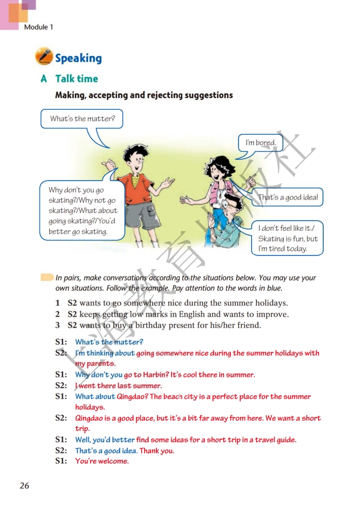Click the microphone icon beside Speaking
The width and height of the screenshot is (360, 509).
44,56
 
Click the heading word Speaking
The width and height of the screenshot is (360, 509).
78,58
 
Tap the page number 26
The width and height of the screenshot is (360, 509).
24,486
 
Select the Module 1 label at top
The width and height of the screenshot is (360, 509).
38,27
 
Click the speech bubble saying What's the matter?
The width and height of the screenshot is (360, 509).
82,119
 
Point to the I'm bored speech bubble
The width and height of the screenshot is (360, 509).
261,143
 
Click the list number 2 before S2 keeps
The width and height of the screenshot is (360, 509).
58,314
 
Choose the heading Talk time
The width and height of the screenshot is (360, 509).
77,79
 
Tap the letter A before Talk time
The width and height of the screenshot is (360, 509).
44,79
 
